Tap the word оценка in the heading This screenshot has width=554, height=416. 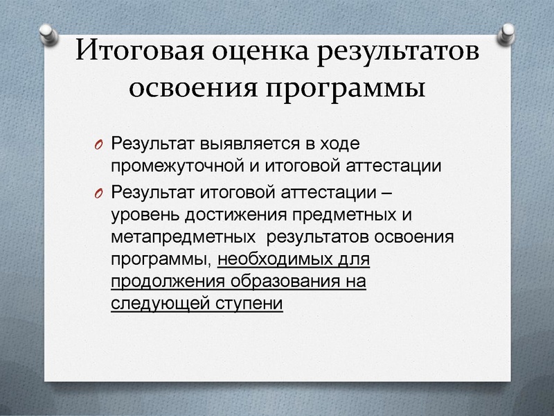click(253, 52)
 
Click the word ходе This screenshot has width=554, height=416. click(344, 145)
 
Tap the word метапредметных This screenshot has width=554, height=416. click(181, 236)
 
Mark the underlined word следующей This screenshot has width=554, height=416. click(157, 305)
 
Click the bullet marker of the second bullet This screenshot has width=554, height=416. click(98, 191)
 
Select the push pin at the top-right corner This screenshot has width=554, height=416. click(508, 32)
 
